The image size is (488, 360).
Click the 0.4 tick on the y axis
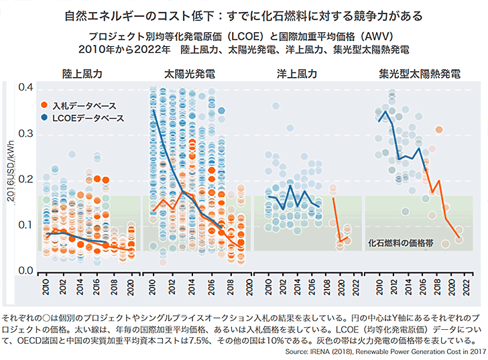(x=26, y=87)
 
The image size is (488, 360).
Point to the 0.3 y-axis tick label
(x=26, y=134)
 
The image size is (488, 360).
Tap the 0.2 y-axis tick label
(x=26, y=180)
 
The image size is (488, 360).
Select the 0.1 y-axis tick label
(x=26, y=225)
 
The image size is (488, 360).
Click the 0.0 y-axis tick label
(x=26, y=270)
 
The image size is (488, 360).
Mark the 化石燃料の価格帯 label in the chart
(x=400, y=243)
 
